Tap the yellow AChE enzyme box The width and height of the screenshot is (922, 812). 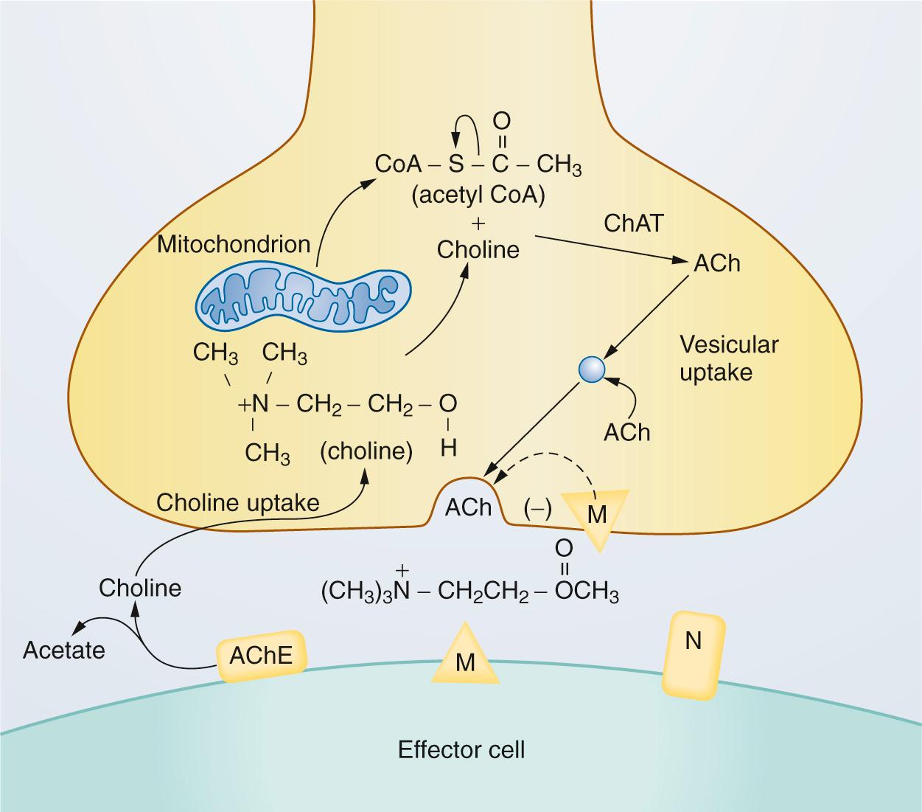(x=261, y=656)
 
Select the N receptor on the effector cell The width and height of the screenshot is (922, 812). (x=693, y=653)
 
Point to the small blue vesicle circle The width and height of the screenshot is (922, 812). (x=592, y=369)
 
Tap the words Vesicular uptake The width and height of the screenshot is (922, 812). (x=728, y=358)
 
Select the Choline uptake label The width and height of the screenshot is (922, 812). (x=238, y=503)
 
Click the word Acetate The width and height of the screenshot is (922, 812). (x=64, y=650)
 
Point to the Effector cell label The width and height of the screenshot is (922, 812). (x=461, y=750)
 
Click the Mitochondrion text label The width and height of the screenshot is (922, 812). (x=234, y=244)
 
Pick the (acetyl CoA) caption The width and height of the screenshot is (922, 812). (x=478, y=195)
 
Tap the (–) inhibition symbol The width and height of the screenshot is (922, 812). (x=537, y=509)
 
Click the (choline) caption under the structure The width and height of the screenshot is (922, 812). (x=366, y=451)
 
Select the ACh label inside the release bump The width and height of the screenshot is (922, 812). (x=468, y=507)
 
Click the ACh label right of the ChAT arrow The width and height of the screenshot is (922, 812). (x=717, y=263)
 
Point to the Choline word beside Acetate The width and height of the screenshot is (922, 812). (x=140, y=588)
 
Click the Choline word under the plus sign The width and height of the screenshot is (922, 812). (x=478, y=250)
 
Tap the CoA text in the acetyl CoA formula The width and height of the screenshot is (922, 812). (x=398, y=164)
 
